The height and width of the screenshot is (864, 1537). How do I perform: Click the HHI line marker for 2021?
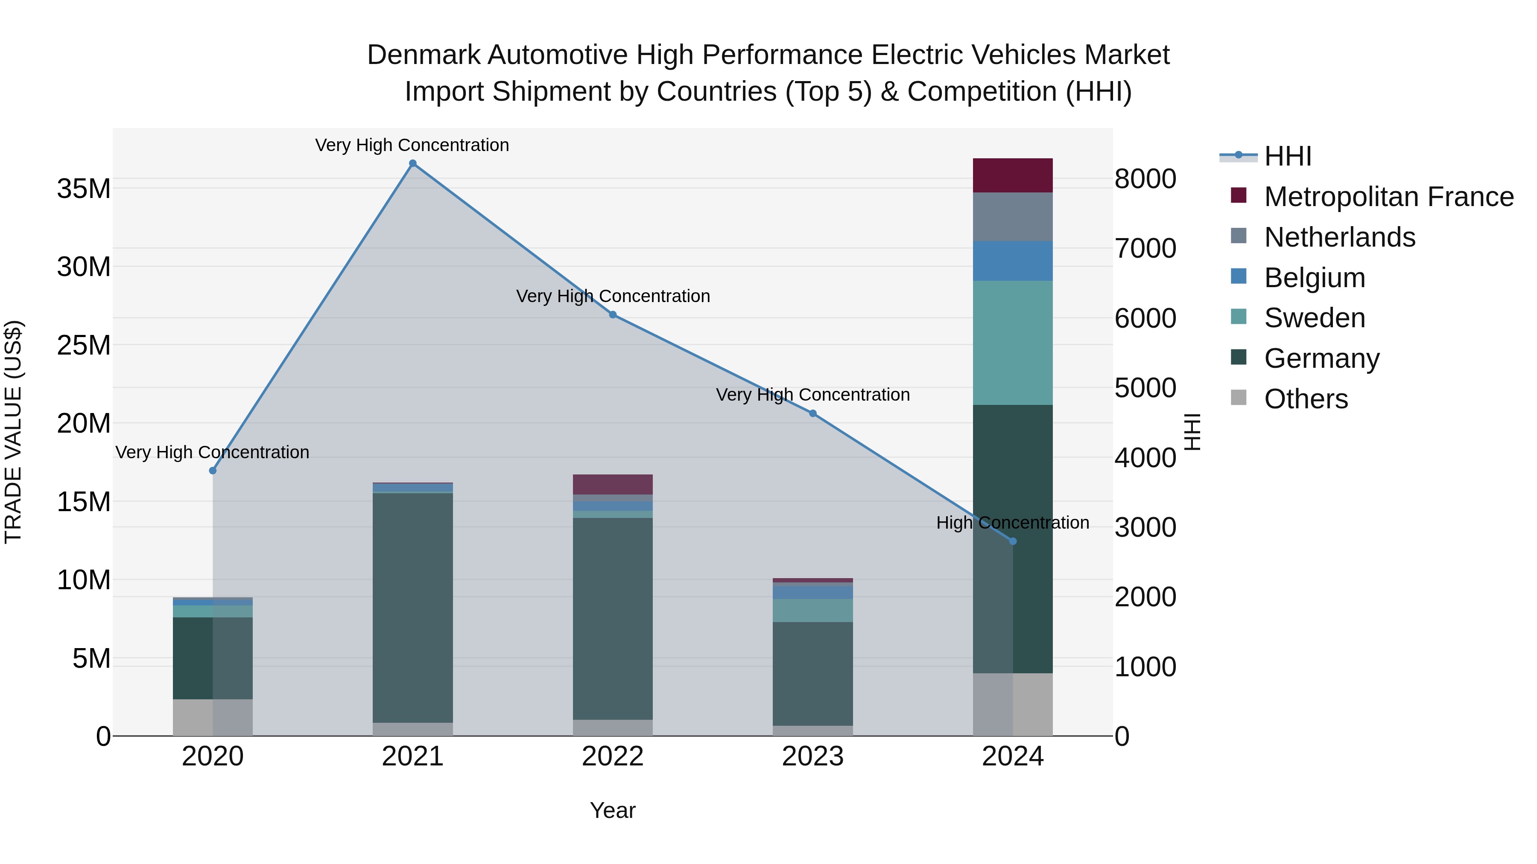(x=412, y=163)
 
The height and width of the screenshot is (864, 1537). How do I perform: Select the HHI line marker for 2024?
(x=1013, y=541)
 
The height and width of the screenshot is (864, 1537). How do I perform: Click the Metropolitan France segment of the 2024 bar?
(x=1013, y=175)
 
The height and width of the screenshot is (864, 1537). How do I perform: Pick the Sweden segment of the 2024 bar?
(x=1013, y=343)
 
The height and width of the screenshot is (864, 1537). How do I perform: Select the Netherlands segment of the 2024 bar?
(x=1013, y=216)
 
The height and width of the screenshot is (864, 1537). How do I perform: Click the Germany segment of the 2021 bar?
(x=412, y=607)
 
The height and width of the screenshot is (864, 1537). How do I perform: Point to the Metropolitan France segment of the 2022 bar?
(x=613, y=484)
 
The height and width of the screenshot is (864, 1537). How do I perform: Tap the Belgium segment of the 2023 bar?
(x=812, y=592)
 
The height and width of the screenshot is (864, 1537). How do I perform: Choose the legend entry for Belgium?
(x=1315, y=278)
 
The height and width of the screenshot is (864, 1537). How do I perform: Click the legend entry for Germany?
(x=1321, y=358)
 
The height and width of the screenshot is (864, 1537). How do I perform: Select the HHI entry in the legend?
(x=1288, y=156)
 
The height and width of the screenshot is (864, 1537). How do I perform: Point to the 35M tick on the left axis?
(x=84, y=189)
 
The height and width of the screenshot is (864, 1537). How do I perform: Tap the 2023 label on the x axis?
(x=812, y=756)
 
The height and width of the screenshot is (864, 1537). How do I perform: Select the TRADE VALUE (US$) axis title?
(x=13, y=432)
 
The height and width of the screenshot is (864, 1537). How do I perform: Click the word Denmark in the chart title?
(x=423, y=55)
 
